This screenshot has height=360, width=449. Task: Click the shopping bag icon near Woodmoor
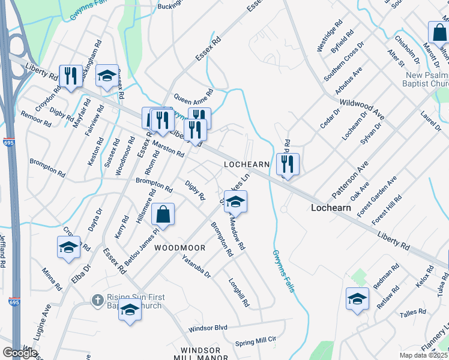tap(163, 214)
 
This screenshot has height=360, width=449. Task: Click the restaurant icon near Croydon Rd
tap(71, 76)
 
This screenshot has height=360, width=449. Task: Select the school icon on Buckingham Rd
tap(107, 76)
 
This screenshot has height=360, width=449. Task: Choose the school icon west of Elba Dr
tap(68, 247)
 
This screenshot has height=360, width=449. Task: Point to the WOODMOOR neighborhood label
tap(179, 248)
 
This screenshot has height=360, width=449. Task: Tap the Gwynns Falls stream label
tap(283, 271)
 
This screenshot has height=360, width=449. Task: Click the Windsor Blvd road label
tap(208, 328)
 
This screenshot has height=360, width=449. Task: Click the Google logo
tap(20, 352)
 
